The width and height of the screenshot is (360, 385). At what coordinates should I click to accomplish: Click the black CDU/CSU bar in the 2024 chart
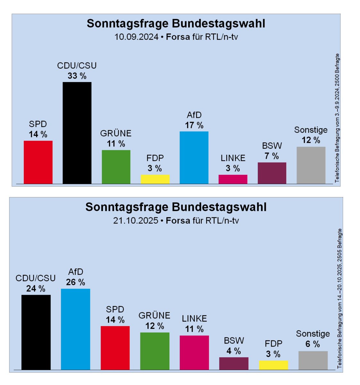click(x=77, y=133)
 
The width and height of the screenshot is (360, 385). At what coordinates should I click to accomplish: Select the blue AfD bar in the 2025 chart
click(x=75, y=329)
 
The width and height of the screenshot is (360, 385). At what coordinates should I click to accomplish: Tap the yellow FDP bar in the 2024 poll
click(x=155, y=179)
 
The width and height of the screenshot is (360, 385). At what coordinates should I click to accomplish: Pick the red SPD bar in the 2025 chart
click(x=115, y=348)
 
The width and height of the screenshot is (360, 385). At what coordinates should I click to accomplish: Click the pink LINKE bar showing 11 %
click(x=194, y=353)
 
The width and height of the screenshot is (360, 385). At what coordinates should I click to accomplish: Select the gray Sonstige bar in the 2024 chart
click(x=311, y=165)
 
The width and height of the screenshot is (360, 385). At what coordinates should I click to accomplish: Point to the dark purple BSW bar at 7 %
click(x=272, y=173)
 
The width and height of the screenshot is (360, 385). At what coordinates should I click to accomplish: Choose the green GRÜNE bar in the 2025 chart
click(x=155, y=351)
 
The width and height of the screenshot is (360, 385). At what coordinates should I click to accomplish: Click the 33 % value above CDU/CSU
click(x=77, y=76)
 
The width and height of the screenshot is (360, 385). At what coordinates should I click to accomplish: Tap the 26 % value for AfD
click(x=75, y=282)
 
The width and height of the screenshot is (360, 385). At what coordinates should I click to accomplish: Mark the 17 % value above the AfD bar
click(x=194, y=125)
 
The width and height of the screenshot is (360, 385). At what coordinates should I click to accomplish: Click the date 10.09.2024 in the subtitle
click(x=137, y=37)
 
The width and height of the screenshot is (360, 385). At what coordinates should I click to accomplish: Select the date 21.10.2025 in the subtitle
click(x=136, y=221)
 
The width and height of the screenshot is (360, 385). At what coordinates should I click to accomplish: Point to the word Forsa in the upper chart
click(x=178, y=37)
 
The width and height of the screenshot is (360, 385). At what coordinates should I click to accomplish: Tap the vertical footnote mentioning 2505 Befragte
click(x=340, y=298)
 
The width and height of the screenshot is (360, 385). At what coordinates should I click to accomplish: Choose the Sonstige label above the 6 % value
click(x=313, y=334)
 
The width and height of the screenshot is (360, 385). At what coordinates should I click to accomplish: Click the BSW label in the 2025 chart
click(x=234, y=340)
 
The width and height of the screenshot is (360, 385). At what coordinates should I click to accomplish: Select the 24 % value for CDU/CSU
click(x=36, y=289)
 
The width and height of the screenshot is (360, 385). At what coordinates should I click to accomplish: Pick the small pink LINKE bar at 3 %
click(x=233, y=179)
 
